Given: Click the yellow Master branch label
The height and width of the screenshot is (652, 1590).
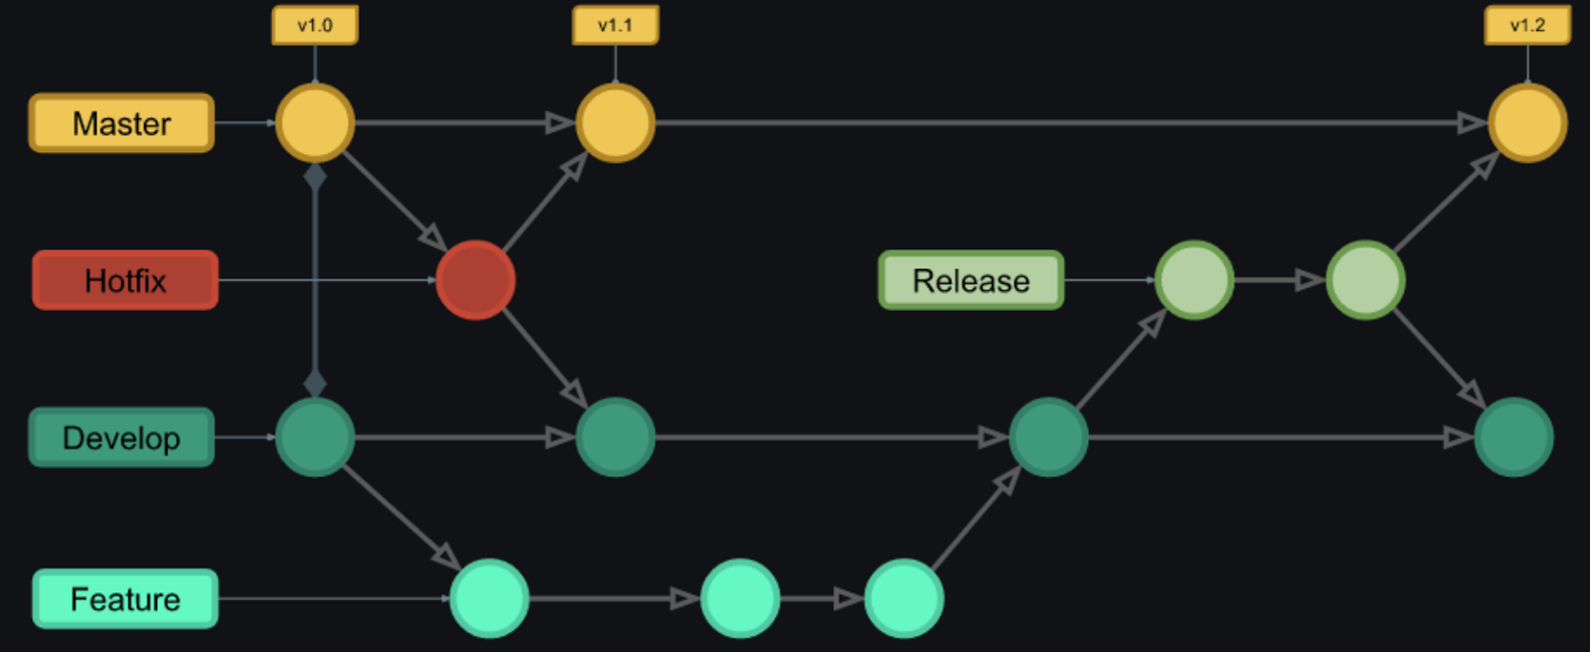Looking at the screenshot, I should point(121,123).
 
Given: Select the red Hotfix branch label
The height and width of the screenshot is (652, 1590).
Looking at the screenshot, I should point(125,280).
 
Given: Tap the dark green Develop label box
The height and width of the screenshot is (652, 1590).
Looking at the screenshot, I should point(121,437).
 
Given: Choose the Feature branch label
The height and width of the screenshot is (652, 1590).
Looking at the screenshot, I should point(125,598).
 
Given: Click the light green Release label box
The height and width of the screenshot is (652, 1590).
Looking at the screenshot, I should point(971,280).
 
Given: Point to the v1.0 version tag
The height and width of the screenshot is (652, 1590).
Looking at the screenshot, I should point(315,25).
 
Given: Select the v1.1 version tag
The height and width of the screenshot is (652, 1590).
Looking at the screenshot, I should point(615,25).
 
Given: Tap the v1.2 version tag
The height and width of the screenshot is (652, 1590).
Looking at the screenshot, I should point(1527,25).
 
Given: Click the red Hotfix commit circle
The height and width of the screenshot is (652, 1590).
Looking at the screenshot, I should point(475,280).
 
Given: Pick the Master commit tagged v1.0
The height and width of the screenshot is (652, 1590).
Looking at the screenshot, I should point(315,123).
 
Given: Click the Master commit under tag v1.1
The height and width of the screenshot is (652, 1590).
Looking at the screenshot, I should point(615,123).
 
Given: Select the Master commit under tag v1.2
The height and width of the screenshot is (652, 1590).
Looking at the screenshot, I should point(1527,123).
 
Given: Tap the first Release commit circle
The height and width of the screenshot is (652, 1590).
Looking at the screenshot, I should point(1194,280).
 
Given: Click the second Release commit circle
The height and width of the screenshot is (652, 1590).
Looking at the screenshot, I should point(1365,280).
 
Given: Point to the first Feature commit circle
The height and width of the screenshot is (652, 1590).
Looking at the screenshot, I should point(489,598).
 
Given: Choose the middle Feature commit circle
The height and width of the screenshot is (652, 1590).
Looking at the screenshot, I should point(740,598).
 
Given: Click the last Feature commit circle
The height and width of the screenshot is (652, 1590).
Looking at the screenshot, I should point(903,598).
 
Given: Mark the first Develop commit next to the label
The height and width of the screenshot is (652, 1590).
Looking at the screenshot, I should point(315,437).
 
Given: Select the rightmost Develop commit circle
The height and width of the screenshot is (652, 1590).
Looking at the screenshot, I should point(1513,437).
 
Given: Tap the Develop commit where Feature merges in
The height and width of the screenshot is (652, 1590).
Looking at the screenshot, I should point(1048,437).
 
